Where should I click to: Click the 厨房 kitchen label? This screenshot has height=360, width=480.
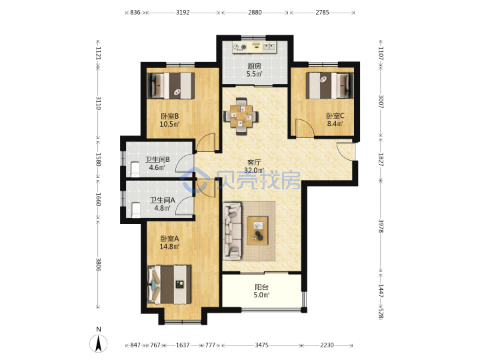(254, 66)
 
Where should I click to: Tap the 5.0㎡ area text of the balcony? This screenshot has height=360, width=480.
(261, 295)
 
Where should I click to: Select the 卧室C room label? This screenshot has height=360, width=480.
(335, 116)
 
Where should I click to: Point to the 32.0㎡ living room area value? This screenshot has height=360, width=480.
(254, 170)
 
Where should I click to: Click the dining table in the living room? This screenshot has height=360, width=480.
(241, 116)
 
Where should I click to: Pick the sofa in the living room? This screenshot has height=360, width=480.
(233, 232)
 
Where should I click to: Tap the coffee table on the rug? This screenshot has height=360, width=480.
(258, 231)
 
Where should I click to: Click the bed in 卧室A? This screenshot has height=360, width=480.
(169, 285)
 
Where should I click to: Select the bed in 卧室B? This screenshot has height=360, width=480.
(171, 85)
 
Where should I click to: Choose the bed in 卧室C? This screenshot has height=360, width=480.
(330, 85)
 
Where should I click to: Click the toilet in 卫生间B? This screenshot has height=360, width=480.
(135, 169)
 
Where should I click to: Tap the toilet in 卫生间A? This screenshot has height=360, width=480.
(135, 210)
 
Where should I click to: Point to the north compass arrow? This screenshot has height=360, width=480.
(99, 343)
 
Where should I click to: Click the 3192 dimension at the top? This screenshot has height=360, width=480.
(183, 13)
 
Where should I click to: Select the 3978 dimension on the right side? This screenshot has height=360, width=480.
(381, 226)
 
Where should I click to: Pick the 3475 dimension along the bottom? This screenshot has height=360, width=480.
(262, 345)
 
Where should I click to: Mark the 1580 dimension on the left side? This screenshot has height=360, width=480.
(98, 159)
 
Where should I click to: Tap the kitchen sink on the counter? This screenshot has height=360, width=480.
(269, 47)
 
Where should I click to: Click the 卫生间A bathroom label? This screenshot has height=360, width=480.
(162, 200)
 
